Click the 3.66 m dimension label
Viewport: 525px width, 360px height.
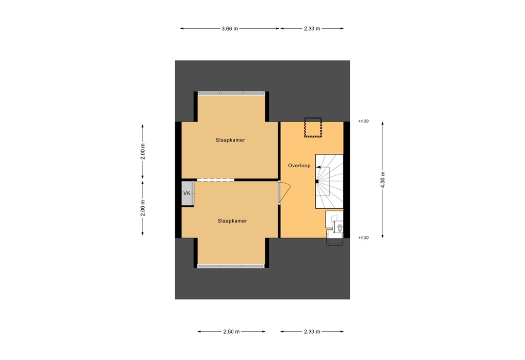point(230,29)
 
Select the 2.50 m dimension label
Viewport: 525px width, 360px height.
point(231,332)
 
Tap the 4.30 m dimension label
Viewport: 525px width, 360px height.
point(382,180)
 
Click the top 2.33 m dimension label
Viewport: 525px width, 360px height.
point(311,29)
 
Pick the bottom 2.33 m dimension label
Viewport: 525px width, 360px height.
point(311,332)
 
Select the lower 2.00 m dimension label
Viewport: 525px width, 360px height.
point(143,208)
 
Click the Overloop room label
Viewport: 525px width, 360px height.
point(299,166)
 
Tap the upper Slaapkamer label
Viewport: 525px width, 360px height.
point(230,139)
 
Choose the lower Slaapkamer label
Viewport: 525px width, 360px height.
point(232,221)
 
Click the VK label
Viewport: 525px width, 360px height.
point(187,193)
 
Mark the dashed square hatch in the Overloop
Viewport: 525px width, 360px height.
point(312,127)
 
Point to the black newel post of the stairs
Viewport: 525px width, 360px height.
point(317,182)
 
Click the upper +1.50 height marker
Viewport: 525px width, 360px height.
point(364,122)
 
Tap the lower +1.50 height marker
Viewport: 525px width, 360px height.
point(364,238)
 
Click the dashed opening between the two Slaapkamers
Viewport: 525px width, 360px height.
point(215,179)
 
